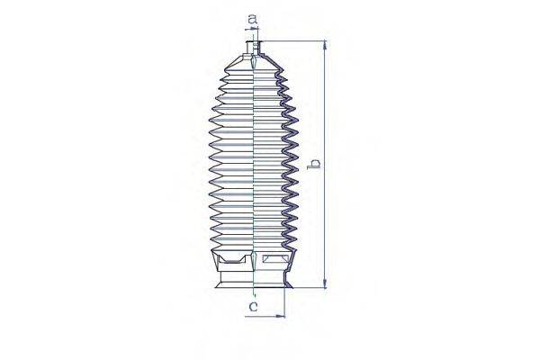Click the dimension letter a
pos(253,18)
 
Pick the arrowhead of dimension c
pos(282,316)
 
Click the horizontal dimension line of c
pos(269,316)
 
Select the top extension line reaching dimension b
pos(292,40)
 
